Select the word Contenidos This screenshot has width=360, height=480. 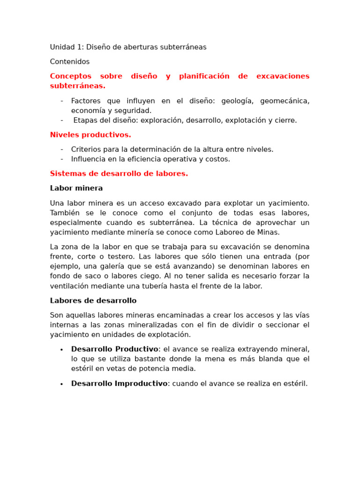coord(70,62)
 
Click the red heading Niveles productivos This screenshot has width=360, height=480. coord(90,135)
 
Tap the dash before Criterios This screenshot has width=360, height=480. coord(62,150)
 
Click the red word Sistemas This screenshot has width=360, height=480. coord(67,174)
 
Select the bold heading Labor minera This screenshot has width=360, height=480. coord(76,188)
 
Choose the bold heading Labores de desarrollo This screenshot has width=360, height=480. coord(93,301)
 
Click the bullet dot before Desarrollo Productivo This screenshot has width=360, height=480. coord(62,350)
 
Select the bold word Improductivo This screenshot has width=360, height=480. coord(141,384)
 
